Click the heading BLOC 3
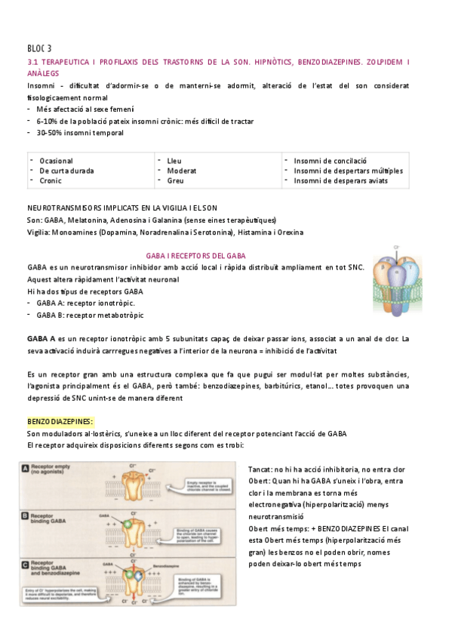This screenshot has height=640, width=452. (x=39, y=48)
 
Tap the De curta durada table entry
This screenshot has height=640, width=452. (x=66, y=171)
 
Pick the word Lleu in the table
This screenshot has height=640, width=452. (x=174, y=161)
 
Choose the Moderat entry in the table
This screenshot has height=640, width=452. (x=181, y=171)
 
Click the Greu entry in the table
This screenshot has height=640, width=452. (x=175, y=180)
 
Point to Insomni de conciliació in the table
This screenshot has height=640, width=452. (x=330, y=161)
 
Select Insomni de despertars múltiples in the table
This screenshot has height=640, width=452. (x=348, y=171)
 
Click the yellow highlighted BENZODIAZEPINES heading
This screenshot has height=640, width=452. (x=60, y=420)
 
